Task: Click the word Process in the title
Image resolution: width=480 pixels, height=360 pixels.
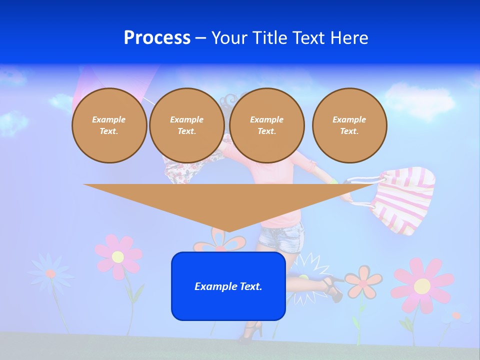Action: pyautogui.click(x=157, y=38)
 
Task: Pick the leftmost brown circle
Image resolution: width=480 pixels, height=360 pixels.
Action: pyautogui.click(x=109, y=125)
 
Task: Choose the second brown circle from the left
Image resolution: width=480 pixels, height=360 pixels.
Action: pyautogui.click(x=186, y=125)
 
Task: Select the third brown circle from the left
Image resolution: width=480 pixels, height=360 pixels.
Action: pyautogui.click(x=266, y=125)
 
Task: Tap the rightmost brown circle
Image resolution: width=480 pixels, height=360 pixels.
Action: pyautogui.click(x=349, y=125)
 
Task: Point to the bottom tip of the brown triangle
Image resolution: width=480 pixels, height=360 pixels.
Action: pyautogui.click(x=228, y=231)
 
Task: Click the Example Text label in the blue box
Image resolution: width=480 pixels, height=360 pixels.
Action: pyautogui.click(x=228, y=286)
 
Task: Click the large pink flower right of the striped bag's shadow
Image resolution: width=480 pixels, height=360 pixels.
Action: pyautogui.click(x=421, y=285)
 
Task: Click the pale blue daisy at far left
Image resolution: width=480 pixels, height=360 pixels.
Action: pyautogui.click(x=50, y=273)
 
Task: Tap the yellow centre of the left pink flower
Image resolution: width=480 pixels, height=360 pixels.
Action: pyautogui.click(x=118, y=257)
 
